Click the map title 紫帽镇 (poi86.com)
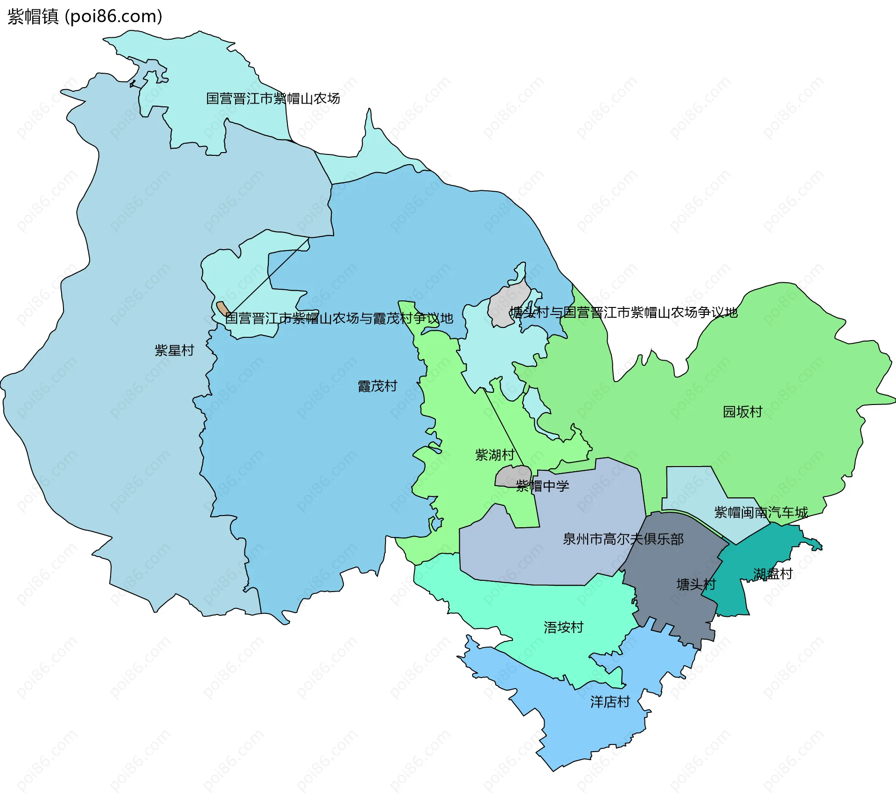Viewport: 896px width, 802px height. pos(85,16)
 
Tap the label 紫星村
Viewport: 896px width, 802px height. pos(174,350)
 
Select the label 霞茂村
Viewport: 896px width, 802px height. pos(377,386)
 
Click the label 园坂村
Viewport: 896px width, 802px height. pos(742,411)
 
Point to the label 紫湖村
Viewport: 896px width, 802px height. pos(495,454)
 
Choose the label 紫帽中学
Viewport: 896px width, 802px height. pos(542,486)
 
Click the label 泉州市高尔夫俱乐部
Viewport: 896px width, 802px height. pos(623,539)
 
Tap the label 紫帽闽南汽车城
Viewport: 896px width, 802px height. pos(761,512)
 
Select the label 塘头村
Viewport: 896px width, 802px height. pos(696,584)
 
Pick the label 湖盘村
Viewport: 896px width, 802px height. pos(773,573)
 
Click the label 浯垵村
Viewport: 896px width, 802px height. pos(563,627)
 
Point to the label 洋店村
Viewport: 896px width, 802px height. pos(610,702)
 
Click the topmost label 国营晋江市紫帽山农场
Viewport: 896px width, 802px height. pos(273,98)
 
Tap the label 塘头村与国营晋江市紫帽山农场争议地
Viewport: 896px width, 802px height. pos(623,312)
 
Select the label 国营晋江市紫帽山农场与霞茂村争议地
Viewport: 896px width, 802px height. pos(339,318)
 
